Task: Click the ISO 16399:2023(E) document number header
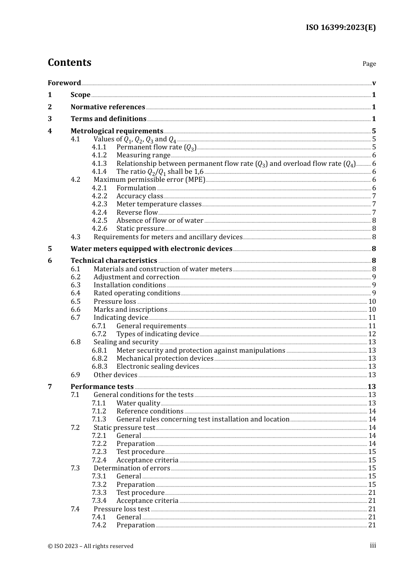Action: [341, 27]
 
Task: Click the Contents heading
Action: [69, 62]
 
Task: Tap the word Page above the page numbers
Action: [369, 64]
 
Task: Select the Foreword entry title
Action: [64, 83]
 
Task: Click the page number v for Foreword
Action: [374, 83]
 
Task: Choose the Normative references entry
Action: [108, 107]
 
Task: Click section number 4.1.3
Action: [99, 163]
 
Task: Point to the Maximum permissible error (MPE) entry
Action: [149, 180]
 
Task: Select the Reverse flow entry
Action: [137, 212]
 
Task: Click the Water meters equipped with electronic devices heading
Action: [151, 248]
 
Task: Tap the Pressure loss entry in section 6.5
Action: [114, 301]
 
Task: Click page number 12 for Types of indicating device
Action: [372, 334]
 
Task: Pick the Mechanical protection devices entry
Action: [165, 358]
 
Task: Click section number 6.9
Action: [75, 375]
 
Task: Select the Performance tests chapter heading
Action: [102, 386]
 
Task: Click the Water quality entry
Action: [138, 403]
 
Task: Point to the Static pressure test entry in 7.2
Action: [124, 427]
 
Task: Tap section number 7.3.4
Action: [99, 500]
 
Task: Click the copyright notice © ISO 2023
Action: [90, 546]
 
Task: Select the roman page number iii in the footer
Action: [373, 545]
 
